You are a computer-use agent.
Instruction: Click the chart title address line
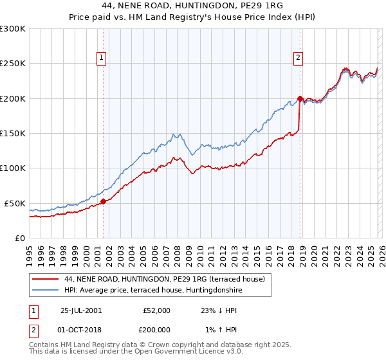pyautogui.click(x=192, y=5)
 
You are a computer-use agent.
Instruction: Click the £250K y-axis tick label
pyautogui.click(x=13, y=64)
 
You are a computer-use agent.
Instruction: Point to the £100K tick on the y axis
pyautogui.click(x=13, y=168)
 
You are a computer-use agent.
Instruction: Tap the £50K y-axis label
pyautogui.click(x=15, y=203)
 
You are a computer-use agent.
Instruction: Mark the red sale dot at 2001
pyautogui.click(x=104, y=202)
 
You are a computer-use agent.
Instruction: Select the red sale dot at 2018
pyautogui.click(x=300, y=98)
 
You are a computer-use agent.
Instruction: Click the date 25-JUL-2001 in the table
pyautogui.click(x=80, y=310)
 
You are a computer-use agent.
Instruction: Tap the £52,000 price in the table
pyautogui.click(x=156, y=310)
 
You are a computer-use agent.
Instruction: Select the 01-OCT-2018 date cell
pyautogui.click(x=80, y=329)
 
